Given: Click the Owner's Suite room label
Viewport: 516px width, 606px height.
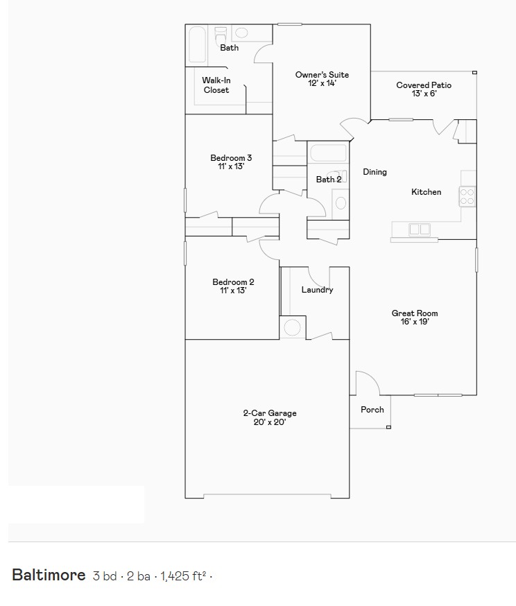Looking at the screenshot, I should click(x=322, y=75).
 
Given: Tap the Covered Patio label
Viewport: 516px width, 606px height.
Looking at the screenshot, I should click(x=424, y=85).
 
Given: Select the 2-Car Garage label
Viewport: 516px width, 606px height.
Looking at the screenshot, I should click(x=270, y=413).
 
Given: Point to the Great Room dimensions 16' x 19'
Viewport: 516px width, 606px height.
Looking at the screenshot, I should click(x=415, y=322).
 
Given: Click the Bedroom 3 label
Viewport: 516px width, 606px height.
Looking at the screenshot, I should click(x=231, y=158).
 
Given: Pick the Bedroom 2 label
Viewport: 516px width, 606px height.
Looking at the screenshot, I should click(x=233, y=282).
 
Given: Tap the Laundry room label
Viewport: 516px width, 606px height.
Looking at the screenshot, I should click(x=317, y=290).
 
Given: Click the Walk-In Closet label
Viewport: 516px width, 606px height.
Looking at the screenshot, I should click(x=216, y=85).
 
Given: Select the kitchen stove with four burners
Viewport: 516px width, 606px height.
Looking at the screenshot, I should click(x=467, y=196).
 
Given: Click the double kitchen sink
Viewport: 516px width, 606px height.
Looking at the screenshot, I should click(x=420, y=230).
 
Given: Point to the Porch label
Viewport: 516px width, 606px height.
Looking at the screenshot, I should click(x=372, y=410).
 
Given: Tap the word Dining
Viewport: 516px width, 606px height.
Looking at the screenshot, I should click(x=375, y=172).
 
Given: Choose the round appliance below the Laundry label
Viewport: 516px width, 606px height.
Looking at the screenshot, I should click(x=293, y=327).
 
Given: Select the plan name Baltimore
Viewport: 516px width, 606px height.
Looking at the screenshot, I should click(x=49, y=575).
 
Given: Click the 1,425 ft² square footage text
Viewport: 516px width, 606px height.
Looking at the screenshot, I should click(x=183, y=575).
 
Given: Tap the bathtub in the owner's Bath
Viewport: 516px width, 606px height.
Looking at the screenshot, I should click(x=197, y=45).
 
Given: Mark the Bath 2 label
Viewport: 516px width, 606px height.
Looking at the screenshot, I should click(x=329, y=180).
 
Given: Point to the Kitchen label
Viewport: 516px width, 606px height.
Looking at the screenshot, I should click(x=426, y=192).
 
